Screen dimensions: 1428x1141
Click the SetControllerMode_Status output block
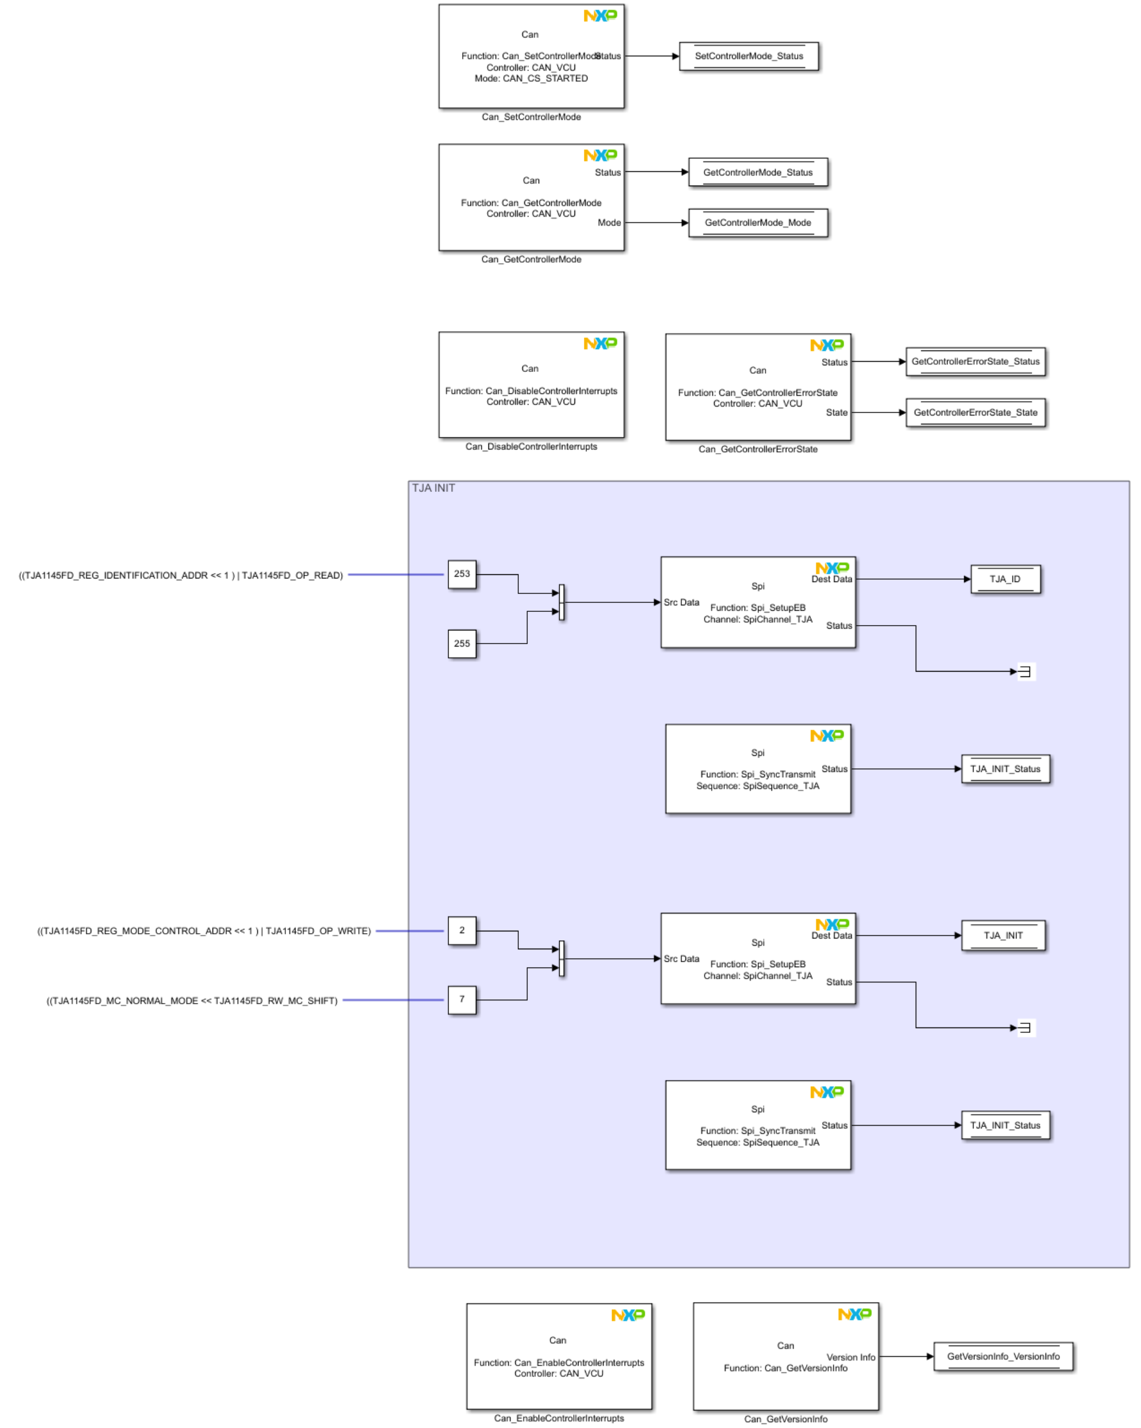pos(748,56)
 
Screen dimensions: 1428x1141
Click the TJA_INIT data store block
pos(1002,935)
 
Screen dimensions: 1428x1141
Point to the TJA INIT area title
pos(433,488)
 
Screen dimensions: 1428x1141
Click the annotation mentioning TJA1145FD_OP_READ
pos(181,575)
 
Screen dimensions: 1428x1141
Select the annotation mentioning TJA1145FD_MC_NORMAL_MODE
pos(192,1000)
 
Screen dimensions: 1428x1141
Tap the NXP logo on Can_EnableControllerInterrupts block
pos(627,1315)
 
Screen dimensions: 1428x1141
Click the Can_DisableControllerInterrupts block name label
pos(531,447)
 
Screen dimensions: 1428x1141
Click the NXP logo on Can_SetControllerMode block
pos(599,16)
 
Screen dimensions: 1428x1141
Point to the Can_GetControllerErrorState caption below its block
pos(757,449)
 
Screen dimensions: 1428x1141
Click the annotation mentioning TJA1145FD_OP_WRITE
pos(204,931)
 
